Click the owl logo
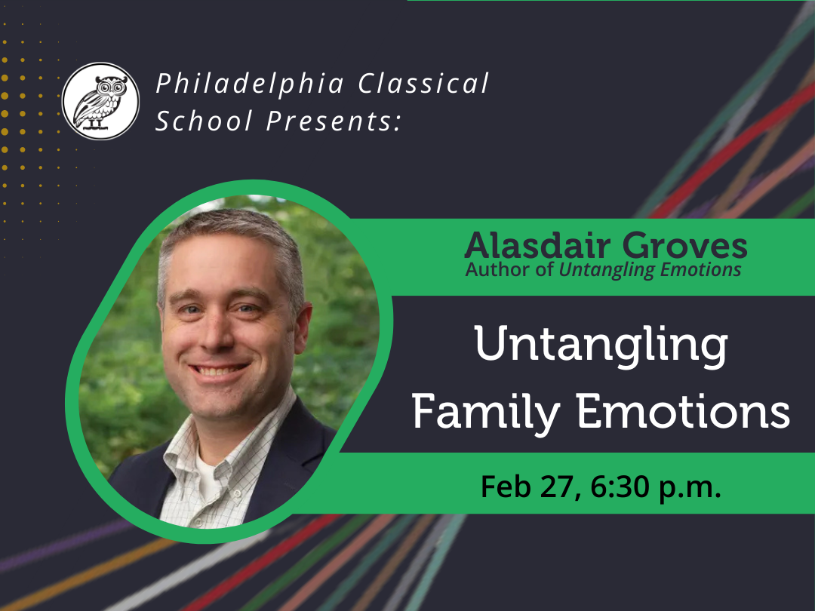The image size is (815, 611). [100, 101]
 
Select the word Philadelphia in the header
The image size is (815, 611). [250, 84]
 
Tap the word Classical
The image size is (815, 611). [423, 83]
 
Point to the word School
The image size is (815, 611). [204, 121]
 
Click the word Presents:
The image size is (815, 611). [334, 121]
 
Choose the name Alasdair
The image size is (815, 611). [537, 245]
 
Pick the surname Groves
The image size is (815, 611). [684, 246]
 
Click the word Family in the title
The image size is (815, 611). [486, 412]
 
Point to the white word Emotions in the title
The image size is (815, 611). [684, 411]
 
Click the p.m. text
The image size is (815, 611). [690, 488]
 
